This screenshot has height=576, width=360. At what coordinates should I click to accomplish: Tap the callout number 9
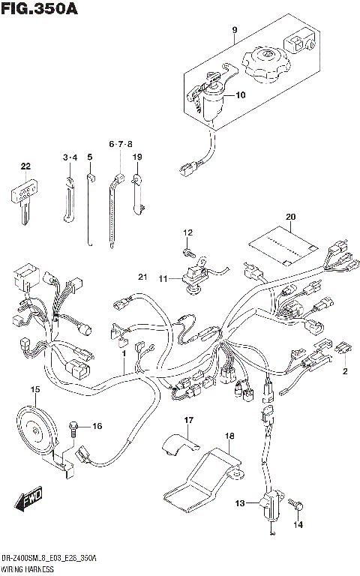pyautogui.click(x=234, y=30)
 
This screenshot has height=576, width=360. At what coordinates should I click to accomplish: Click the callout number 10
pyautogui.click(x=240, y=95)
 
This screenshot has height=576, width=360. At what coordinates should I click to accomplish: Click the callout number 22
pyautogui.click(x=25, y=166)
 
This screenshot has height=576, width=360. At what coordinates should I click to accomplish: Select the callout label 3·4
pyautogui.click(x=70, y=157)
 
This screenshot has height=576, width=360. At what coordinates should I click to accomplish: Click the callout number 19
pyautogui.click(x=137, y=157)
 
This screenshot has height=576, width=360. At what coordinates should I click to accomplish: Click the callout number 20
pyautogui.click(x=290, y=218)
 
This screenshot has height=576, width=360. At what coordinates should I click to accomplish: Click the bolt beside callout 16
pyautogui.click(x=73, y=427)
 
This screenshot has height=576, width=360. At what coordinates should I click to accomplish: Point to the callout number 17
pyautogui.click(x=189, y=420)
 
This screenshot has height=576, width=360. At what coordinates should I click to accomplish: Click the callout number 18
pyautogui.click(x=229, y=435)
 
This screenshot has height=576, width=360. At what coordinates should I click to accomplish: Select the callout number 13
pyautogui.click(x=239, y=503)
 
